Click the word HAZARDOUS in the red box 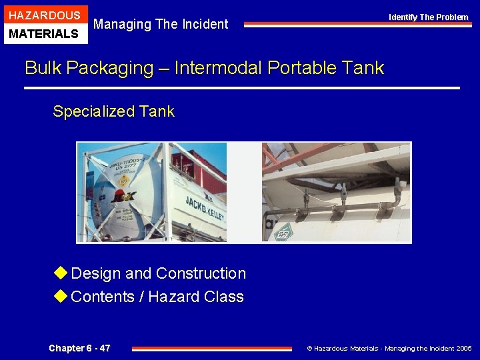[x=44, y=15]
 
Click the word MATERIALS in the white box [x=44, y=33]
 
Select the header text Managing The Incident [x=161, y=24]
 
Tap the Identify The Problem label [x=429, y=17]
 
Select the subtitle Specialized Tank [x=113, y=111]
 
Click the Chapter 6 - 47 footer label [x=79, y=348]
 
